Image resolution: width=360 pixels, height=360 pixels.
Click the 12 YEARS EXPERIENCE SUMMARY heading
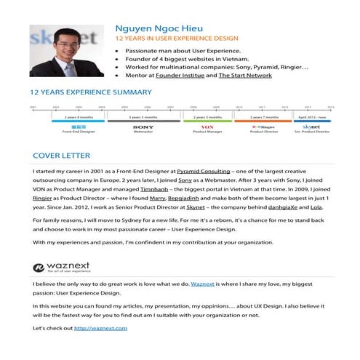click(91, 92)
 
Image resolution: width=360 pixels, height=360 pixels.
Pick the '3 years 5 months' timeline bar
click(143, 116)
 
